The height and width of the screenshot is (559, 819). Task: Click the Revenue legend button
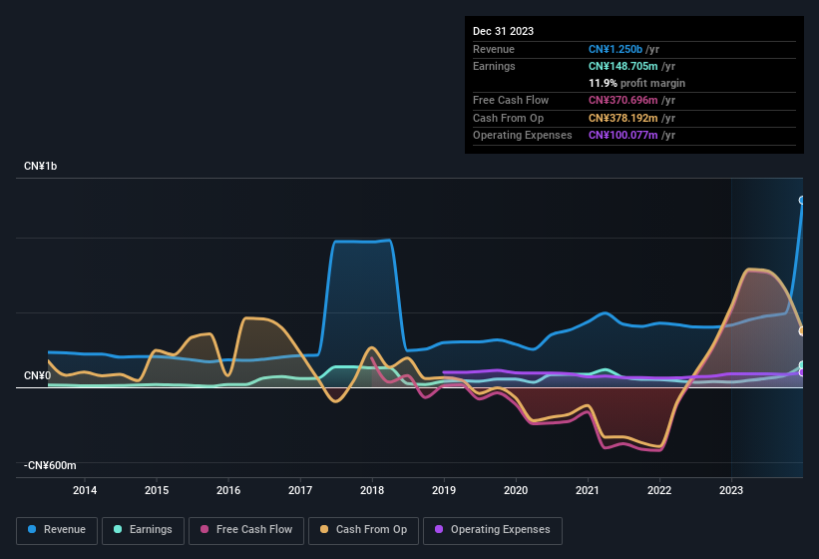pyautogui.click(x=58, y=529)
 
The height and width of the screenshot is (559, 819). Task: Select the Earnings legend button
pyautogui.click(x=144, y=529)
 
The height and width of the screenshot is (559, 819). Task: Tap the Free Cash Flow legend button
pyautogui.click(x=245, y=529)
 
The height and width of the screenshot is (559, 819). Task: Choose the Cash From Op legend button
pyautogui.click(x=365, y=529)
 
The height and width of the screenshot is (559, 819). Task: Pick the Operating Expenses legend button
pyautogui.click(x=493, y=529)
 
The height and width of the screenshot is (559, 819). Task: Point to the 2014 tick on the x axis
pyautogui.click(x=85, y=490)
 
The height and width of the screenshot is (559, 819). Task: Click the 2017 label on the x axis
pyautogui.click(x=300, y=490)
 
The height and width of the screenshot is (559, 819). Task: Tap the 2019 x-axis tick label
pyautogui.click(x=444, y=490)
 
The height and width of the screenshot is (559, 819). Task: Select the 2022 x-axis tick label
pyautogui.click(x=659, y=490)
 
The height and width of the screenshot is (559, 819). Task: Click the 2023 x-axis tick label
pyautogui.click(x=731, y=490)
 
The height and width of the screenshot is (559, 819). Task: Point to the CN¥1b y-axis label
pyautogui.click(x=41, y=166)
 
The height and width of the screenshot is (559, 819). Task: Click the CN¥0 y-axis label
pyautogui.click(x=37, y=375)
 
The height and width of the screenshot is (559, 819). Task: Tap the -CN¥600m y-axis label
pyautogui.click(x=51, y=465)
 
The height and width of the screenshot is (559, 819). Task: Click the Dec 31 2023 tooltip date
pyautogui.click(x=504, y=31)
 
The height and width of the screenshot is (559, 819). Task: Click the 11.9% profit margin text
pyautogui.click(x=636, y=83)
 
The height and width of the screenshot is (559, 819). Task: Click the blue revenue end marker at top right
pyautogui.click(x=802, y=201)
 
